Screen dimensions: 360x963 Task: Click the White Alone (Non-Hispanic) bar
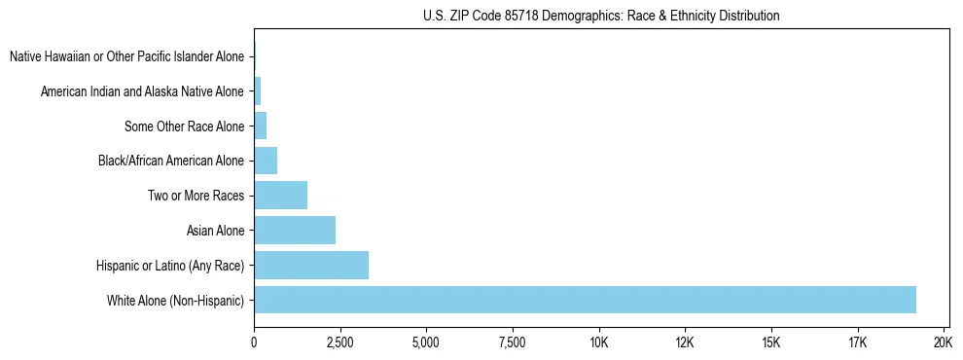[584, 300]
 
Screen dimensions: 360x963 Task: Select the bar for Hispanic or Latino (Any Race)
[311, 265]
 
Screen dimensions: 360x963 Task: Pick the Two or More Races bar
[280, 196]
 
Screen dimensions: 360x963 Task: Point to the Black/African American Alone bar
[266, 161]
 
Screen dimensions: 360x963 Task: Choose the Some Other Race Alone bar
[260, 126]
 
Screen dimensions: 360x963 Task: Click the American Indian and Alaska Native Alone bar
[258, 91]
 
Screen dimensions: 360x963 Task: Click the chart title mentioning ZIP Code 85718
[601, 16]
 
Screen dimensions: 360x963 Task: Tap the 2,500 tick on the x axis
[339, 342]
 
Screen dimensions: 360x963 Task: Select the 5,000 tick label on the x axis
[426, 342]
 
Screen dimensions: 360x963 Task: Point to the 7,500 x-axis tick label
[512, 342]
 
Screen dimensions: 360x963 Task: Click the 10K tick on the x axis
[598, 342]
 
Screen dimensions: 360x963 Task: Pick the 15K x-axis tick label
[770, 342]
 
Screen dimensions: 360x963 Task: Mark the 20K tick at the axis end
[943, 342]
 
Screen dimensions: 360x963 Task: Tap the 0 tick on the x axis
[254, 342]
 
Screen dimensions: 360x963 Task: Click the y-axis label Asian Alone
[215, 231]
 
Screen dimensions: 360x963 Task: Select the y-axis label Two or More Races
[196, 196]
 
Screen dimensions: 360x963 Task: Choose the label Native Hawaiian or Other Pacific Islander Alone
[126, 56]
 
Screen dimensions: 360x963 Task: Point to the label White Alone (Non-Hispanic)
[176, 300]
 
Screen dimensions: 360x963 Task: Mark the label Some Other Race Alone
[185, 126]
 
